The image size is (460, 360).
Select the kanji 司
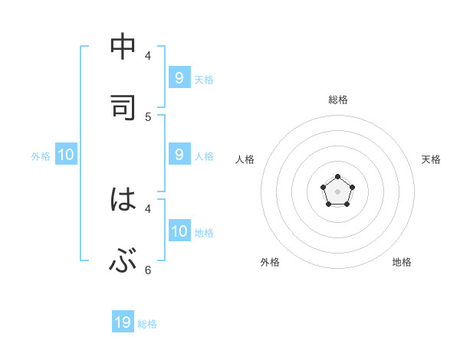pos(123,106)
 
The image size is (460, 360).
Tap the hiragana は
pos(123,200)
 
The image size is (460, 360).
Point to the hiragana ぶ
pos(123,261)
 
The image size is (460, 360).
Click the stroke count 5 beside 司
pos(148,116)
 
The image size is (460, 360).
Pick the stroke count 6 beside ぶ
pos(148,270)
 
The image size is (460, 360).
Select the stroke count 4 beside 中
pos(148,55)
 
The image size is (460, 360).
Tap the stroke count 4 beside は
pos(148,208)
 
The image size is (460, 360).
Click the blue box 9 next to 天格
pos(179,77)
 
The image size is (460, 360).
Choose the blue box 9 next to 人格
pos(179,154)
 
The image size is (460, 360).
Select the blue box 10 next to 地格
pos(179,231)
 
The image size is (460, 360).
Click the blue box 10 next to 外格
pos(66,155)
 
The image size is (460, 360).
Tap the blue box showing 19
pos(123,322)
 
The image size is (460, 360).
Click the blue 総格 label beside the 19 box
pos(147,324)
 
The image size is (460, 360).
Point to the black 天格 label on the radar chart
pos(431,159)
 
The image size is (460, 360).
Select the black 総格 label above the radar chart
pos(338,100)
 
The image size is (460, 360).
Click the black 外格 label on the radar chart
pos(270,262)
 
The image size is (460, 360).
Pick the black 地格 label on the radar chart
pos(402,262)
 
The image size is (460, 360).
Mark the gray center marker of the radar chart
pos(337,191)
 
